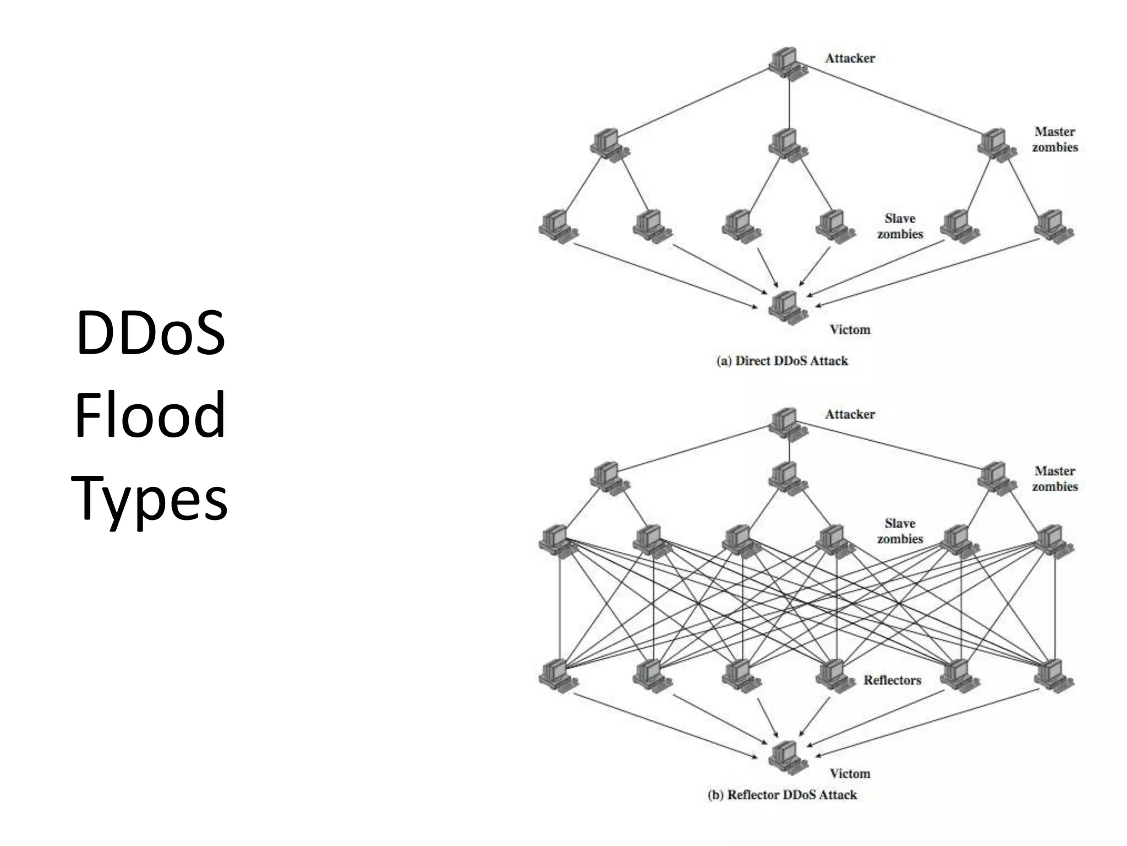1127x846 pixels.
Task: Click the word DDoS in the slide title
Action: (150, 333)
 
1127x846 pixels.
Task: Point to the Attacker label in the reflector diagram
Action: (850, 414)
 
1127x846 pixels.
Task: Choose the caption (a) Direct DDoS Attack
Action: (782, 361)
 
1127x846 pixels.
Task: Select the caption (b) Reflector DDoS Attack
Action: (782, 795)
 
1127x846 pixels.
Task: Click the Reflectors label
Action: (892, 680)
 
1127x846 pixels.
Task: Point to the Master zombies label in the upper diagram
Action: (1054, 139)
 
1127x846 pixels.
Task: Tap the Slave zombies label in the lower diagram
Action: (900, 531)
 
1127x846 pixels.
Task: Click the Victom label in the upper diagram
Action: (850, 329)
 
